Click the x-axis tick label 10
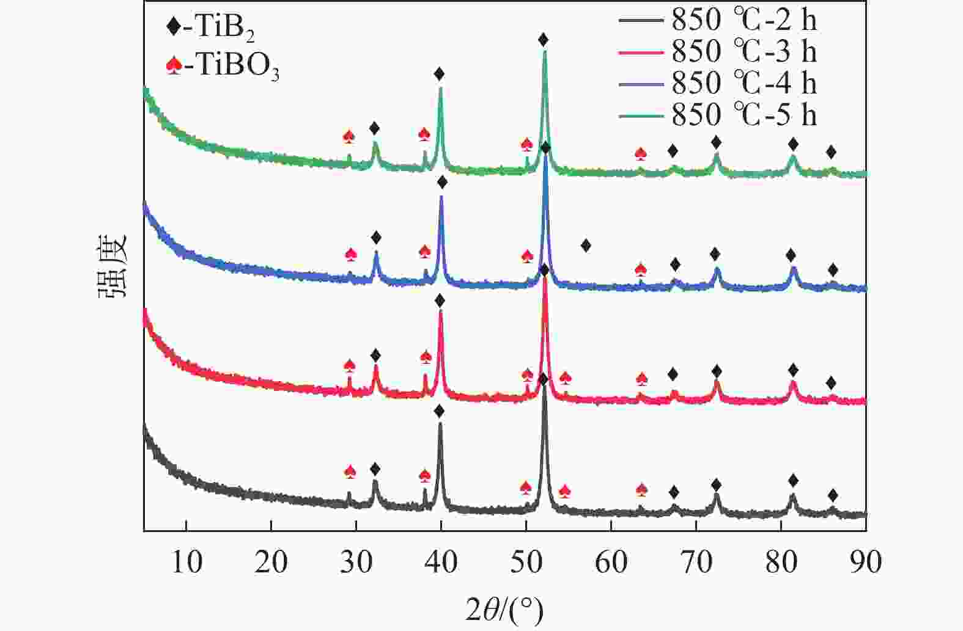pos(186,562)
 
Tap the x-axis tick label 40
pos(441,562)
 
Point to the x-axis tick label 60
pos(611,562)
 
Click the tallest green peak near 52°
pos(544,53)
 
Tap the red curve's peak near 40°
pos(440,312)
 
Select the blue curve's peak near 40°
pos(441,197)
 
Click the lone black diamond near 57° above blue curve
pos(586,246)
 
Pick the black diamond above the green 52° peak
pos(543,40)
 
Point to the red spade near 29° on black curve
pos(350,472)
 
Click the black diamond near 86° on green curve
pos(830,152)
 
